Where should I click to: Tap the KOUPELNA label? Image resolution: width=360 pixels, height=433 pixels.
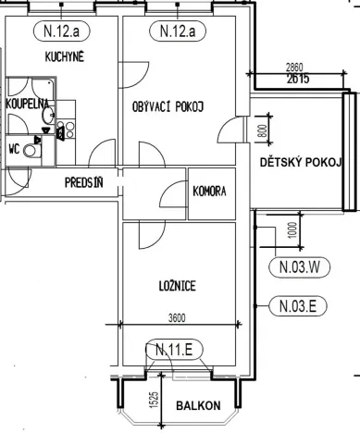coord(25,104)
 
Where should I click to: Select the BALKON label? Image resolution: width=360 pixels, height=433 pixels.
coord(200,405)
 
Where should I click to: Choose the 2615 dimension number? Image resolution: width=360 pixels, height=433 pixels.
coord(297,80)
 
